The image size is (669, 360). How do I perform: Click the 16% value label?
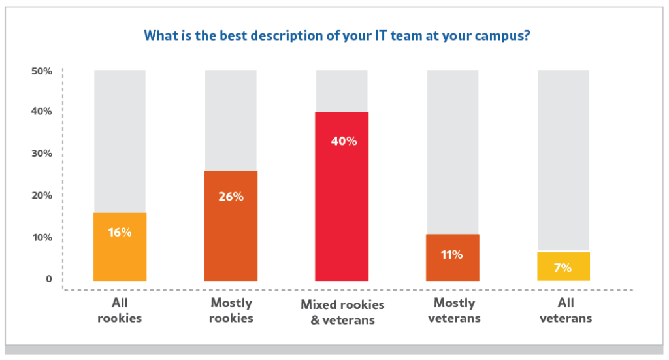tap(120, 232)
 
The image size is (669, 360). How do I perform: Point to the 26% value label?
tap(231, 196)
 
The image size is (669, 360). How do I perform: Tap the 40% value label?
tap(342, 140)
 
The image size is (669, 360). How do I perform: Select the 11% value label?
tap(452, 255)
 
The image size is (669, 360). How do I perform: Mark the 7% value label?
tap(564, 267)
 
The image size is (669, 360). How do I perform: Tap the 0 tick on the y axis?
tap(48, 279)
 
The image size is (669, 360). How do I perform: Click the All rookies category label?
tap(120, 310)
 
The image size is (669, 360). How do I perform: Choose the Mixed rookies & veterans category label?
tap(342, 312)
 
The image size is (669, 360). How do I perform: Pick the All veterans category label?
tap(566, 310)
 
